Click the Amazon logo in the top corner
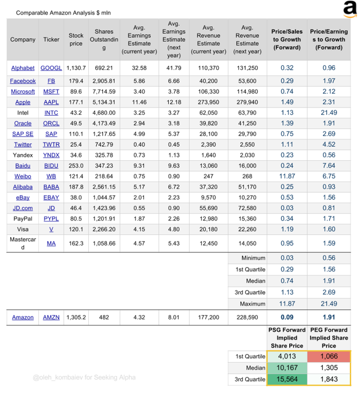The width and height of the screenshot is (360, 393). [x=350, y=9]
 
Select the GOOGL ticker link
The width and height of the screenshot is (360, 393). [x=51, y=68]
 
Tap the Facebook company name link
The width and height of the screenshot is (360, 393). [x=23, y=81]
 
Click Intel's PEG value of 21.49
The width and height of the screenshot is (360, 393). [x=328, y=113]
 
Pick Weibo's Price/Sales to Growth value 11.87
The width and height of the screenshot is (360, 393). [x=287, y=176]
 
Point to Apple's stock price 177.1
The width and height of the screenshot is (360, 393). [x=76, y=102]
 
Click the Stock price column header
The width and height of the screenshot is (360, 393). [x=76, y=39]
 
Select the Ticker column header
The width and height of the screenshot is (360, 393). [x=51, y=39]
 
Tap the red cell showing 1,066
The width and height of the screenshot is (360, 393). [x=328, y=356]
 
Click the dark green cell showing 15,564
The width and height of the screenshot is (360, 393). [x=287, y=380]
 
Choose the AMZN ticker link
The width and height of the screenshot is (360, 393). [x=51, y=317]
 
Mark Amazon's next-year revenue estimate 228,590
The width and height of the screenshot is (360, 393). [x=247, y=317]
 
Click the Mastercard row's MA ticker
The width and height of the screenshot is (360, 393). [x=51, y=243]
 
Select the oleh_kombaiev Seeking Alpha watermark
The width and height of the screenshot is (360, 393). [x=84, y=377]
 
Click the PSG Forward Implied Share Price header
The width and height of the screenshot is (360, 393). [x=287, y=338]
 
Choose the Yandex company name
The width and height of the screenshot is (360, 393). [x=23, y=155]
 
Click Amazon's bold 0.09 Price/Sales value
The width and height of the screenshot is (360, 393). [x=287, y=317]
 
